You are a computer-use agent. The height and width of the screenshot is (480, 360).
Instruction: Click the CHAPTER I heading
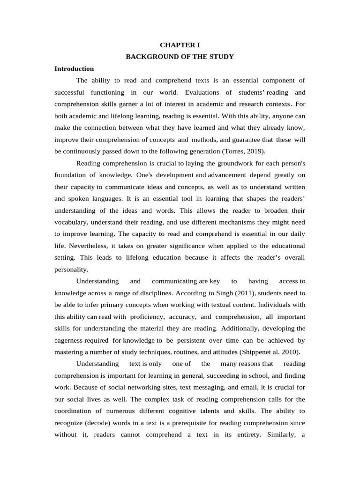[180, 45]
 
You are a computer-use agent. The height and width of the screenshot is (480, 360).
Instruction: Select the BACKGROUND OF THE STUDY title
[180, 57]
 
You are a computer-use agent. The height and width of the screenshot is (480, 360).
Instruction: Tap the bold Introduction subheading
[74, 69]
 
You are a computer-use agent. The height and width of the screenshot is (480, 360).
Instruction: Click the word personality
[71, 270]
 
